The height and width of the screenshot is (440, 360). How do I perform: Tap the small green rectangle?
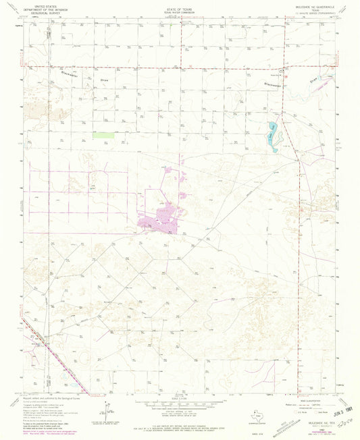tap(103, 135)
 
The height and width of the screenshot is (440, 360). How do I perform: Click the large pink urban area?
tap(162, 221)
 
